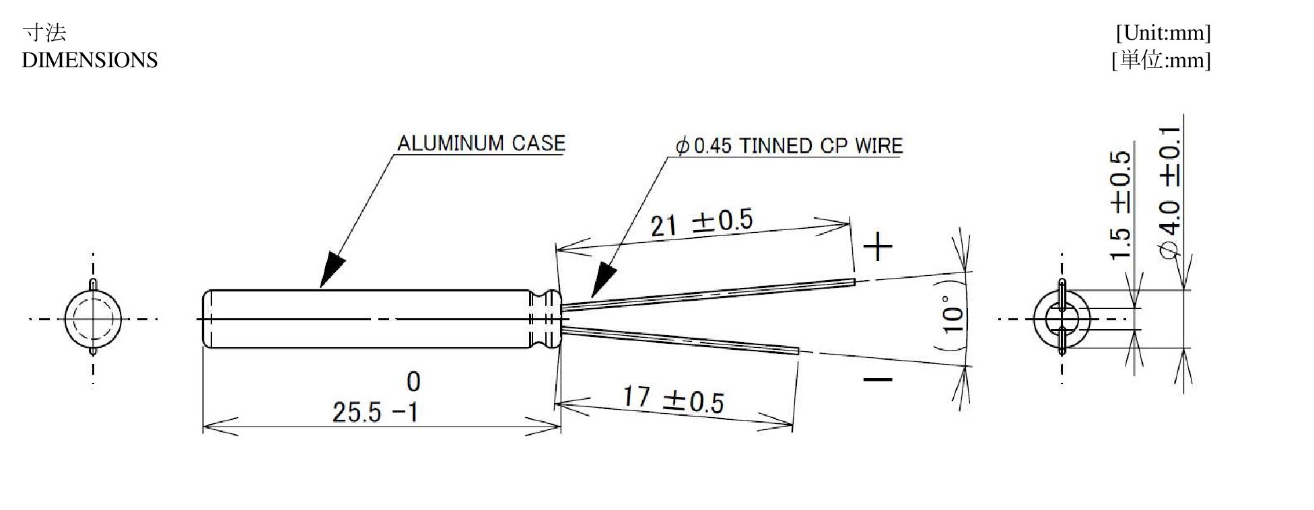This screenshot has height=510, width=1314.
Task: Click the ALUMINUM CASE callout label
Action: [x=481, y=143]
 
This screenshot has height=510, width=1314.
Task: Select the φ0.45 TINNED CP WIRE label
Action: [x=789, y=146]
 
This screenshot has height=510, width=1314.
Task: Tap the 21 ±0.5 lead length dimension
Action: [x=701, y=223]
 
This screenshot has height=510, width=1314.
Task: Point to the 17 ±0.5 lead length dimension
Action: [x=673, y=400]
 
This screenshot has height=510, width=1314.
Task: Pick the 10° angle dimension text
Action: [x=953, y=315]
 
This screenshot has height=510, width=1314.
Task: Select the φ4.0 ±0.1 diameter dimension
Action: [x=1171, y=192]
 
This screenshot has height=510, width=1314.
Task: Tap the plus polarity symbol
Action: [x=878, y=246]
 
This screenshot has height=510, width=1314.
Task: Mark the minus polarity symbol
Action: [x=878, y=379]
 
